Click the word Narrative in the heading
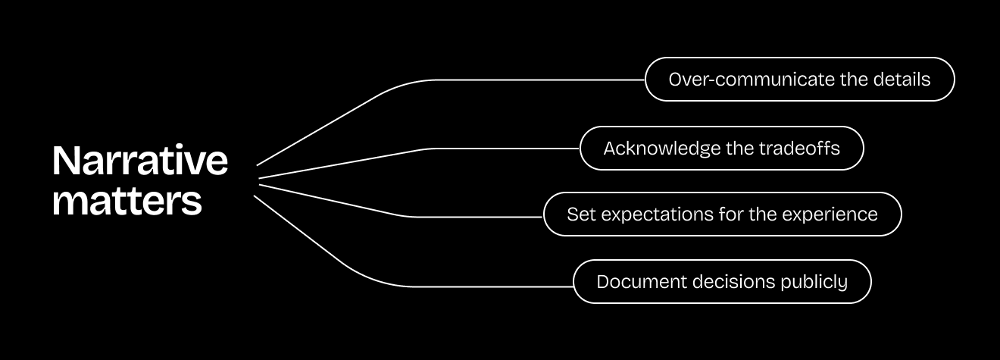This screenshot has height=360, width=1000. click(x=140, y=161)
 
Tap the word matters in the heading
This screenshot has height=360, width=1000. click(x=127, y=201)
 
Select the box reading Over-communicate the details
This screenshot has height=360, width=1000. click(x=799, y=79)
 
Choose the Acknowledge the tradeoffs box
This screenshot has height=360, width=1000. click(x=721, y=148)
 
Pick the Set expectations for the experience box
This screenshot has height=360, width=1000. click(x=722, y=214)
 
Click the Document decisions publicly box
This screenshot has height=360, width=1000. click(x=721, y=282)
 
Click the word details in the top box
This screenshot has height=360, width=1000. click(x=903, y=79)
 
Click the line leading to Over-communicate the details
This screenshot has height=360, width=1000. click(x=530, y=79)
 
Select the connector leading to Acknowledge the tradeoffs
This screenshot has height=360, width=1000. click(x=500, y=148)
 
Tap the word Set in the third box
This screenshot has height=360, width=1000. click(x=578, y=214)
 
